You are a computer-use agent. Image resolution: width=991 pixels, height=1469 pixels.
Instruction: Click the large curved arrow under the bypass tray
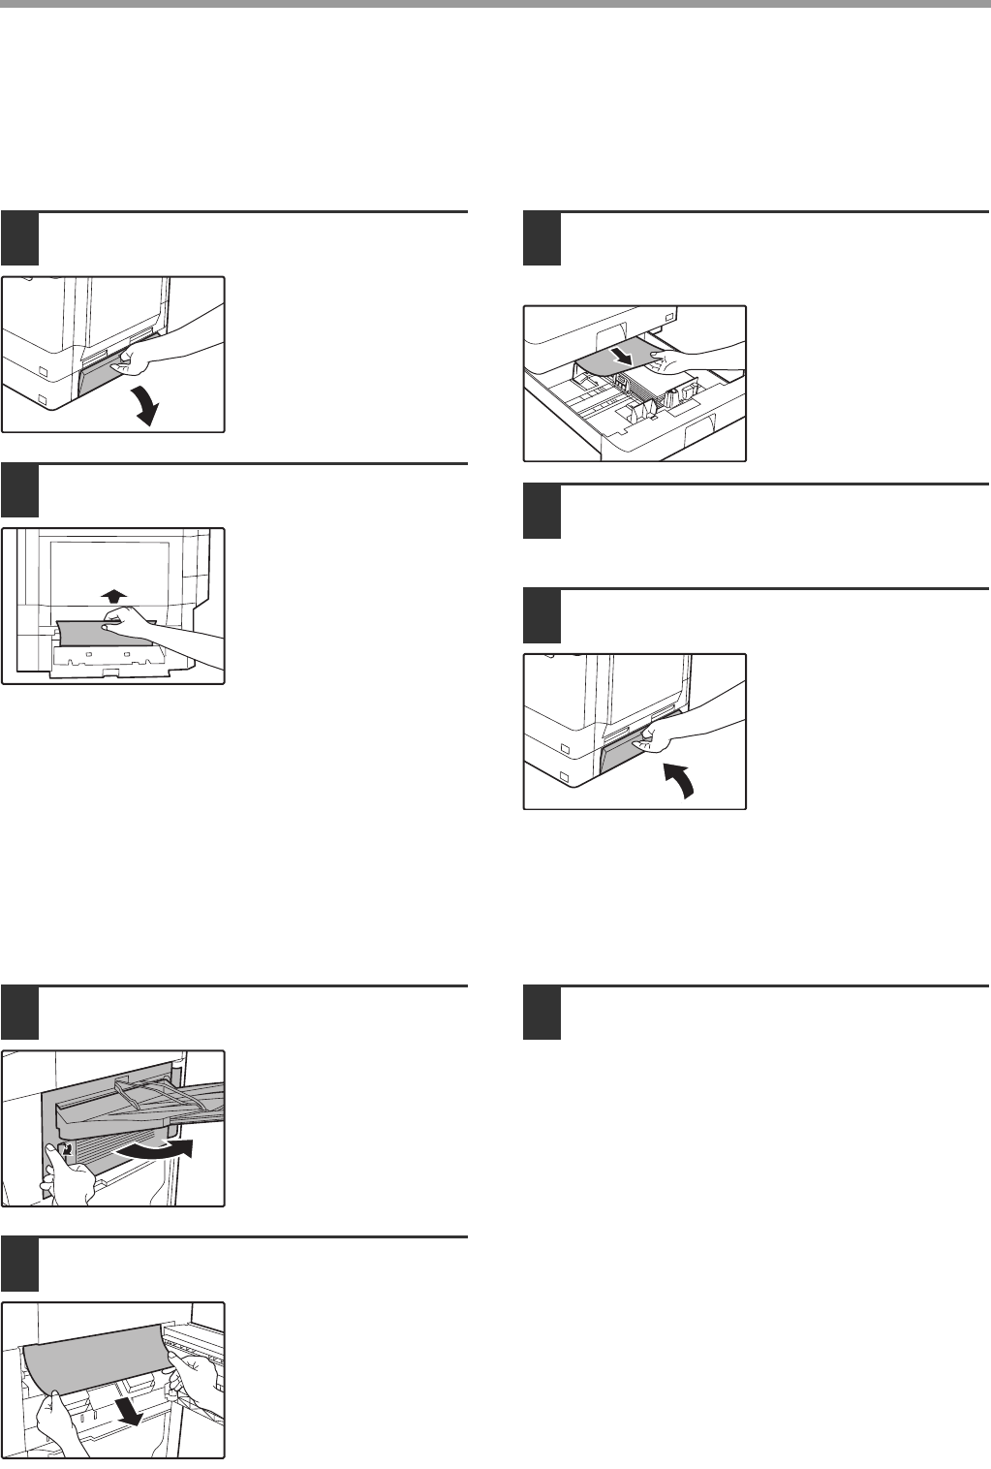[x=155, y=1151]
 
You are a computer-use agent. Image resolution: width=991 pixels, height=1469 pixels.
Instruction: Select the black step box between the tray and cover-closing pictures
[x=542, y=511]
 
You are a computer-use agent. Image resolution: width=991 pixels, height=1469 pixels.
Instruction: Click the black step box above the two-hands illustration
[x=19, y=1265]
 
